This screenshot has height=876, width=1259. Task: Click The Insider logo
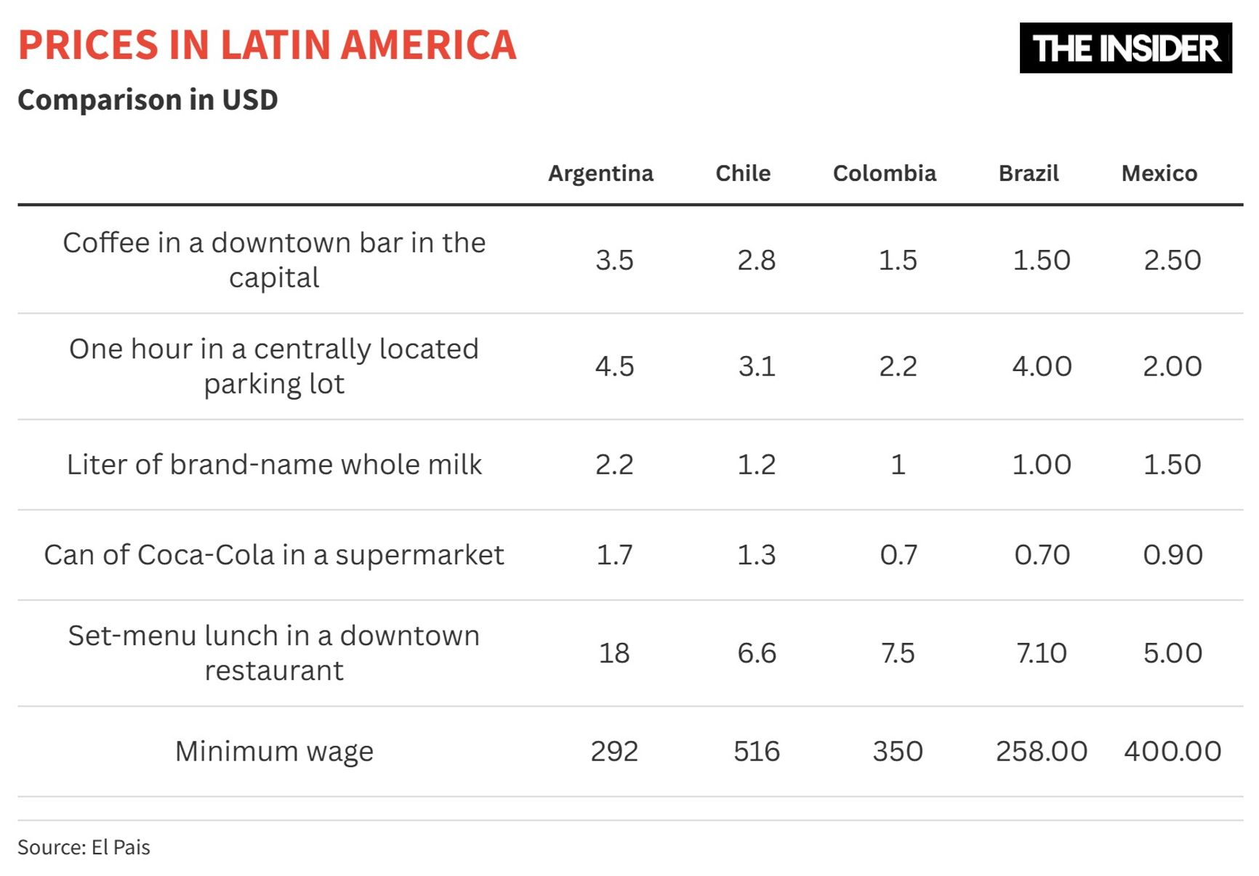point(1125,48)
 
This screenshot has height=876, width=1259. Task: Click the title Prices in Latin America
point(267,45)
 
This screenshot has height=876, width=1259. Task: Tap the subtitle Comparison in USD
point(148,100)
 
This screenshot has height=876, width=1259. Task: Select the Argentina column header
point(600,174)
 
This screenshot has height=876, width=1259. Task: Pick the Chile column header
point(743,174)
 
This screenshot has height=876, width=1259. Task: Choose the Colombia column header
point(884,174)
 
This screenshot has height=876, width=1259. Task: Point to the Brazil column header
point(1028,174)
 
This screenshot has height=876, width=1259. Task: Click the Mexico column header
point(1159,174)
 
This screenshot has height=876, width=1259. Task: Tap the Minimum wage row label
point(274,751)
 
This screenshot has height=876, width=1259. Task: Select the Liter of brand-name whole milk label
point(274,465)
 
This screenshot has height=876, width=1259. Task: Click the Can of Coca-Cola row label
point(274,555)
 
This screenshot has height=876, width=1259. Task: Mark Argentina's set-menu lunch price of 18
point(614,653)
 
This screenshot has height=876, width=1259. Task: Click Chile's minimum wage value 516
point(756,751)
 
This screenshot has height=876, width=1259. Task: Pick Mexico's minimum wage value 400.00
point(1172,751)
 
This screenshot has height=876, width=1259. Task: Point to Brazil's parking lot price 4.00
point(1042,366)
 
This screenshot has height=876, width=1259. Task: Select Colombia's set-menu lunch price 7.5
point(898,653)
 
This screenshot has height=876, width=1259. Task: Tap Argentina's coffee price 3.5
point(614,260)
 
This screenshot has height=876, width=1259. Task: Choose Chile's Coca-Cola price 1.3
point(756,555)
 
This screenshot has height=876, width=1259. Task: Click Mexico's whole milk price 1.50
point(1172,465)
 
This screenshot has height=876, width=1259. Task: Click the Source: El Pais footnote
point(84,848)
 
